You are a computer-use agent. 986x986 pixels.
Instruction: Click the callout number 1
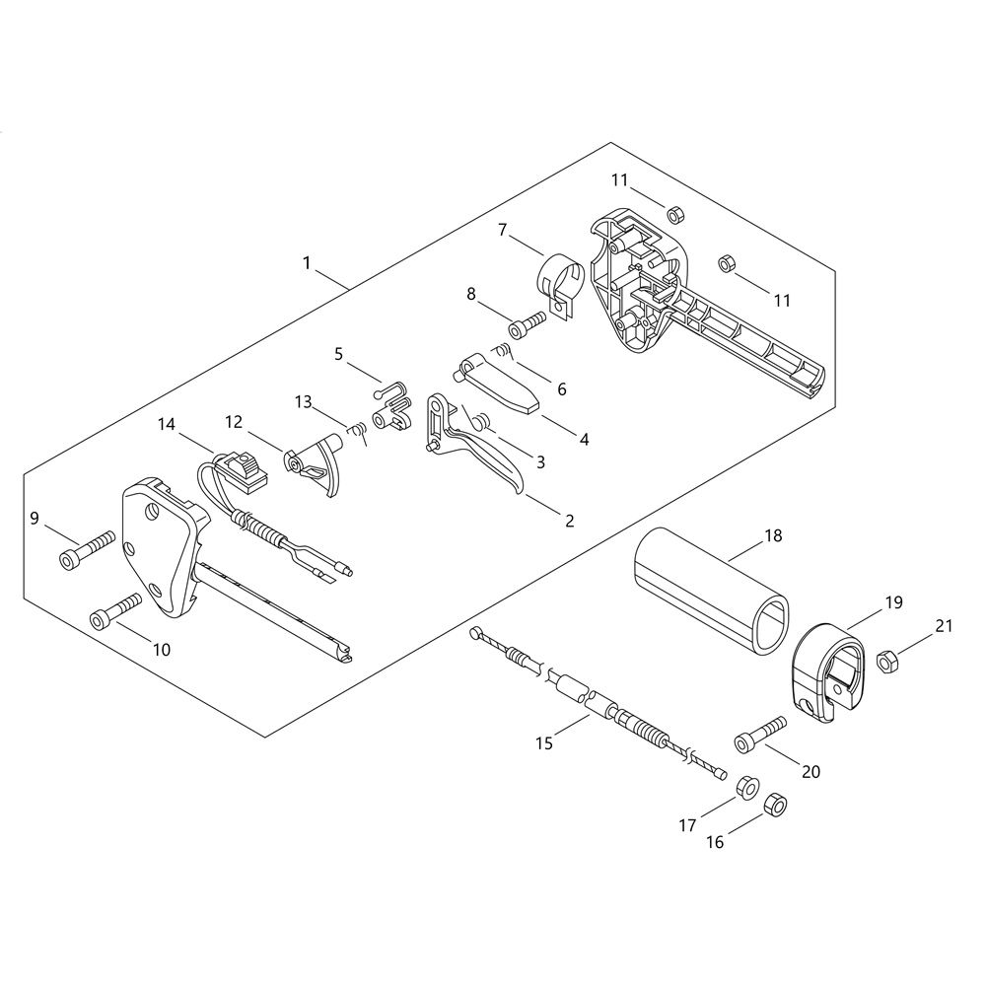[307, 263]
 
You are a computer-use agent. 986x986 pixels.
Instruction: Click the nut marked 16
[775, 805]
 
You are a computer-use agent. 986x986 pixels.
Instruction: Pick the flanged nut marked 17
[747, 787]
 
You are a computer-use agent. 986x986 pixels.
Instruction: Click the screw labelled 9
[88, 547]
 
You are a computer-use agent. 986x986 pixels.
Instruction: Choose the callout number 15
[544, 742]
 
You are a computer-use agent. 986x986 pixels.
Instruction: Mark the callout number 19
[893, 602]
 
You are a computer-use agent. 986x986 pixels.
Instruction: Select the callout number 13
[303, 401]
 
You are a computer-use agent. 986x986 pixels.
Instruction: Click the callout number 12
[234, 422]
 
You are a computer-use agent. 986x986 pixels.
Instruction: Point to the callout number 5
[338, 354]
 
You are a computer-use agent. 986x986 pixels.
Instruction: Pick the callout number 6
[562, 389]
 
